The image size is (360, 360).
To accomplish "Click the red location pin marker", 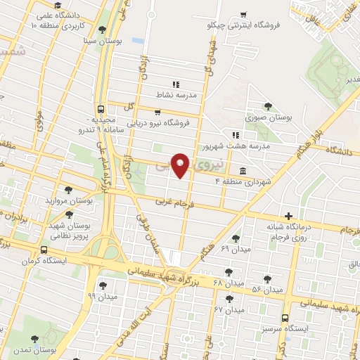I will tap(181, 164).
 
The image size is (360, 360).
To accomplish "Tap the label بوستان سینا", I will tap(103, 41).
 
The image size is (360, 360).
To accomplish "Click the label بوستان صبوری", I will tap(264, 117).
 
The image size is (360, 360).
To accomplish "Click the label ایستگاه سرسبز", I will tap(285, 329).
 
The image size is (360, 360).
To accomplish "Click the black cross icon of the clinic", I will tap(288, 216).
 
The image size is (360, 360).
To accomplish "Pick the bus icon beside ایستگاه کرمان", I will tap(44, 250).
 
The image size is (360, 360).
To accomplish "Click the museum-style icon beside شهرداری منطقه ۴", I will tap(243, 171).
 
